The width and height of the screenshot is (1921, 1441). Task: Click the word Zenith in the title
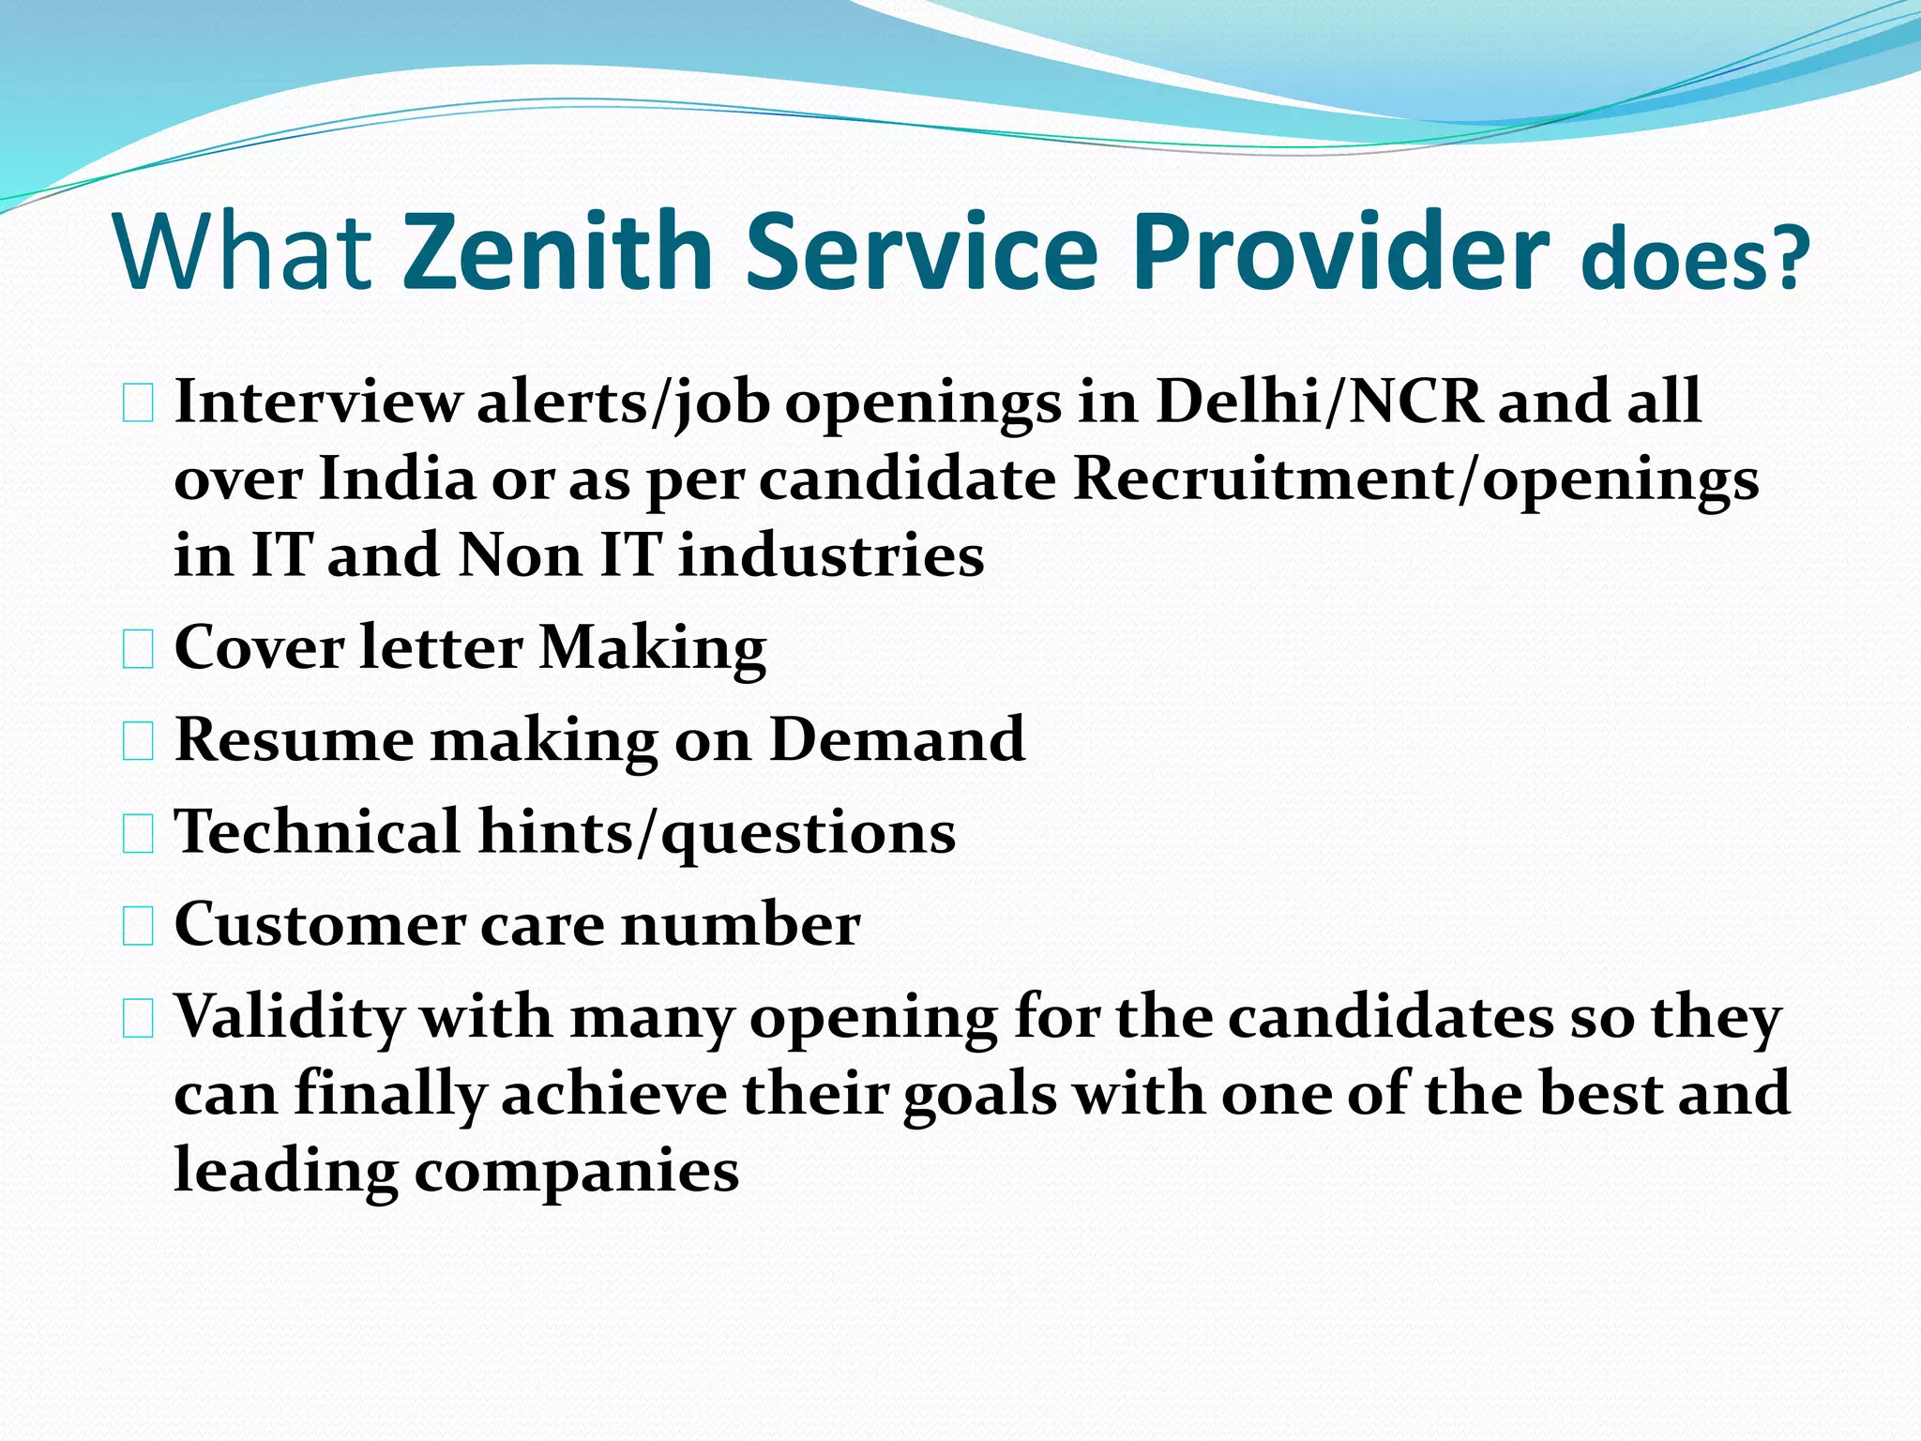(x=558, y=250)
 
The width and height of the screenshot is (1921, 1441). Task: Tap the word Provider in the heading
(x=1340, y=250)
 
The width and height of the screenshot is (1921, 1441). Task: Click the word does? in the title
(x=1695, y=258)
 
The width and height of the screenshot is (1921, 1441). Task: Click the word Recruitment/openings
(x=1415, y=479)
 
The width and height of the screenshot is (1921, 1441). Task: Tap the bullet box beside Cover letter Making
(x=138, y=650)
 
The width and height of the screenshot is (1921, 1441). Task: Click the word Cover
(x=258, y=647)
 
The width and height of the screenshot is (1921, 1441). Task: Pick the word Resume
(x=294, y=739)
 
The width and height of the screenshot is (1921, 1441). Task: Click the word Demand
(x=897, y=739)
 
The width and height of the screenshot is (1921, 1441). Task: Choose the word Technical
(x=317, y=831)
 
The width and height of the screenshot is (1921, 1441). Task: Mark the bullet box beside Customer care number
(x=138, y=927)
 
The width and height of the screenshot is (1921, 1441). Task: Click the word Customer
(x=319, y=924)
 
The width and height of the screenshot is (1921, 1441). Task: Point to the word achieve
(x=614, y=1094)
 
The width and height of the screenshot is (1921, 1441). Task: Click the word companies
(x=577, y=1172)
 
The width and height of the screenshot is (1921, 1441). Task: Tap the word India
(x=398, y=479)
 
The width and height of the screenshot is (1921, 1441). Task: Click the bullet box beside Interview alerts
(x=138, y=404)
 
